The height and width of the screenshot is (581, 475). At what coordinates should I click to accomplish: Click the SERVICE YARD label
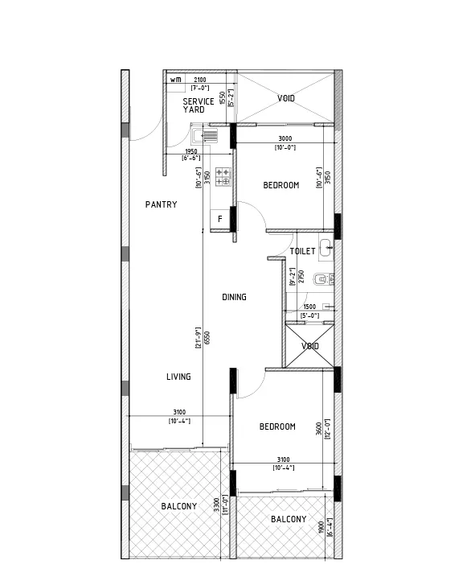[x=198, y=105]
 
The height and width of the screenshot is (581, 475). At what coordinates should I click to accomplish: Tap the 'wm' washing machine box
[x=174, y=79]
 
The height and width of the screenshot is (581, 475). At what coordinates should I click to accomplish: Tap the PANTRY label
[x=161, y=205]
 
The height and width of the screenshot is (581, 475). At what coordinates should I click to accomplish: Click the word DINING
[x=234, y=297]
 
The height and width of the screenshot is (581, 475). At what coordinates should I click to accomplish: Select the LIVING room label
[x=178, y=377]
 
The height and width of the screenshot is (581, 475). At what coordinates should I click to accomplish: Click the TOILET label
[x=302, y=251]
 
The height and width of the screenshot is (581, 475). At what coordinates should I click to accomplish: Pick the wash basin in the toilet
[x=326, y=247]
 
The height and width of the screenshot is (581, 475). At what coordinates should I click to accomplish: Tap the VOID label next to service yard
[x=286, y=98]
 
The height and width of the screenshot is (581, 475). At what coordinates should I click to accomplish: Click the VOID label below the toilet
[x=310, y=346]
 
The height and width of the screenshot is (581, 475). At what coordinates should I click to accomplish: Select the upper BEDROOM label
[x=280, y=185]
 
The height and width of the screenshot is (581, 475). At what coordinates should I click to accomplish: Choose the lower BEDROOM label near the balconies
[x=276, y=426]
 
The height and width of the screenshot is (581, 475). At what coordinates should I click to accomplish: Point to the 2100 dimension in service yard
[x=199, y=79]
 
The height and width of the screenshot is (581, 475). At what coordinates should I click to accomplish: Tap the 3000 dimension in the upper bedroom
[x=285, y=138]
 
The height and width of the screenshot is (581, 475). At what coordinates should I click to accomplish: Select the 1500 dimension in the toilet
[x=309, y=307]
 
